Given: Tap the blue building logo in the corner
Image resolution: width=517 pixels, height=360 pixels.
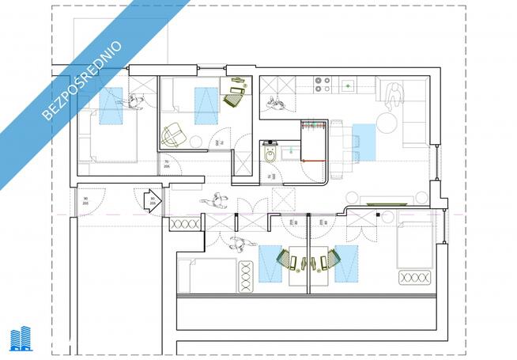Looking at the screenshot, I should tap(21, 338).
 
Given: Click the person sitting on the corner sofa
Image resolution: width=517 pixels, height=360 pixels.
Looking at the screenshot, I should tap(392, 96).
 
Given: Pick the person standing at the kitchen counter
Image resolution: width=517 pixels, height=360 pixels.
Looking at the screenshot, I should tap(277, 101).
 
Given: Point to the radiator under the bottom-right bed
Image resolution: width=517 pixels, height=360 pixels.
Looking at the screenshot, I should tap(416, 277).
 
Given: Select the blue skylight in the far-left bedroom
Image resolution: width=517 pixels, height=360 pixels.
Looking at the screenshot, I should tap(111, 107).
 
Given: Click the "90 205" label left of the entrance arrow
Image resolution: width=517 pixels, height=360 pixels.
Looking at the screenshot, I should tap(85, 202).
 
